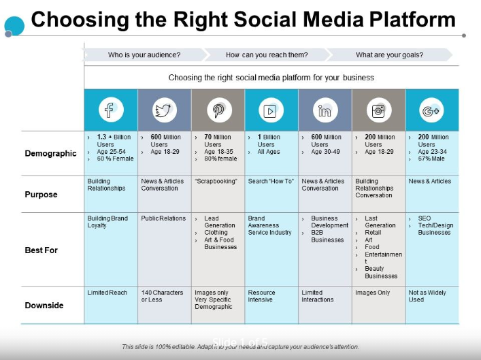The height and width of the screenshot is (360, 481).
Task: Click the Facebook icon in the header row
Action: tap(110, 110)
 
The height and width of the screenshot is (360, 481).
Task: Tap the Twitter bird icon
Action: tap(164, 110)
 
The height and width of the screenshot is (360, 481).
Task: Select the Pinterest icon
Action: tap(218, 110)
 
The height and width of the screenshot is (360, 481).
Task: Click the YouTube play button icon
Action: tap(271, 110)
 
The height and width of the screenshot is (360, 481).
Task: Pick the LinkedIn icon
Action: tap(325, 110)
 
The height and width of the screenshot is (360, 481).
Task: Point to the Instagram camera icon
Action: tap(378, 110)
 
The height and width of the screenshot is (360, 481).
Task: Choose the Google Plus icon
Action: tap(431, 110)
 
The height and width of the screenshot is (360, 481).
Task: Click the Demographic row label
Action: tap(51, 153)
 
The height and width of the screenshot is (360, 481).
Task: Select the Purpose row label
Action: tap(42, 195)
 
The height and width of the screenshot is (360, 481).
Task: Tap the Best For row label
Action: tap(42, 250)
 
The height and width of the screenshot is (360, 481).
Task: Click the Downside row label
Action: tap(44, 306)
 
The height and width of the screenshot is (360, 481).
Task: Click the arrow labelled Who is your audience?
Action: tap(144, 55)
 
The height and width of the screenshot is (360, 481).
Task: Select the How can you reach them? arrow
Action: tap(267, 55)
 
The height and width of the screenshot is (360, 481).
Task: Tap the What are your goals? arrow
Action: tap(389, 55)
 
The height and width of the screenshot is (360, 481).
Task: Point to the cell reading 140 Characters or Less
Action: tap(162, 296)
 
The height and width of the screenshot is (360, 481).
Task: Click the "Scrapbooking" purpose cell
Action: tap(216, 182)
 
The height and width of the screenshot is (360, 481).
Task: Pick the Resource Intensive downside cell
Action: tap(262, 296)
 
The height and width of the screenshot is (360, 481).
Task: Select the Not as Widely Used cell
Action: tap(427, 296)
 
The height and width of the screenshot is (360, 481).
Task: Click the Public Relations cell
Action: tap(163, 219)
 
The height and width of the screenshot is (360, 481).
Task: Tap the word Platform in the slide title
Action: tap(408, 18)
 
